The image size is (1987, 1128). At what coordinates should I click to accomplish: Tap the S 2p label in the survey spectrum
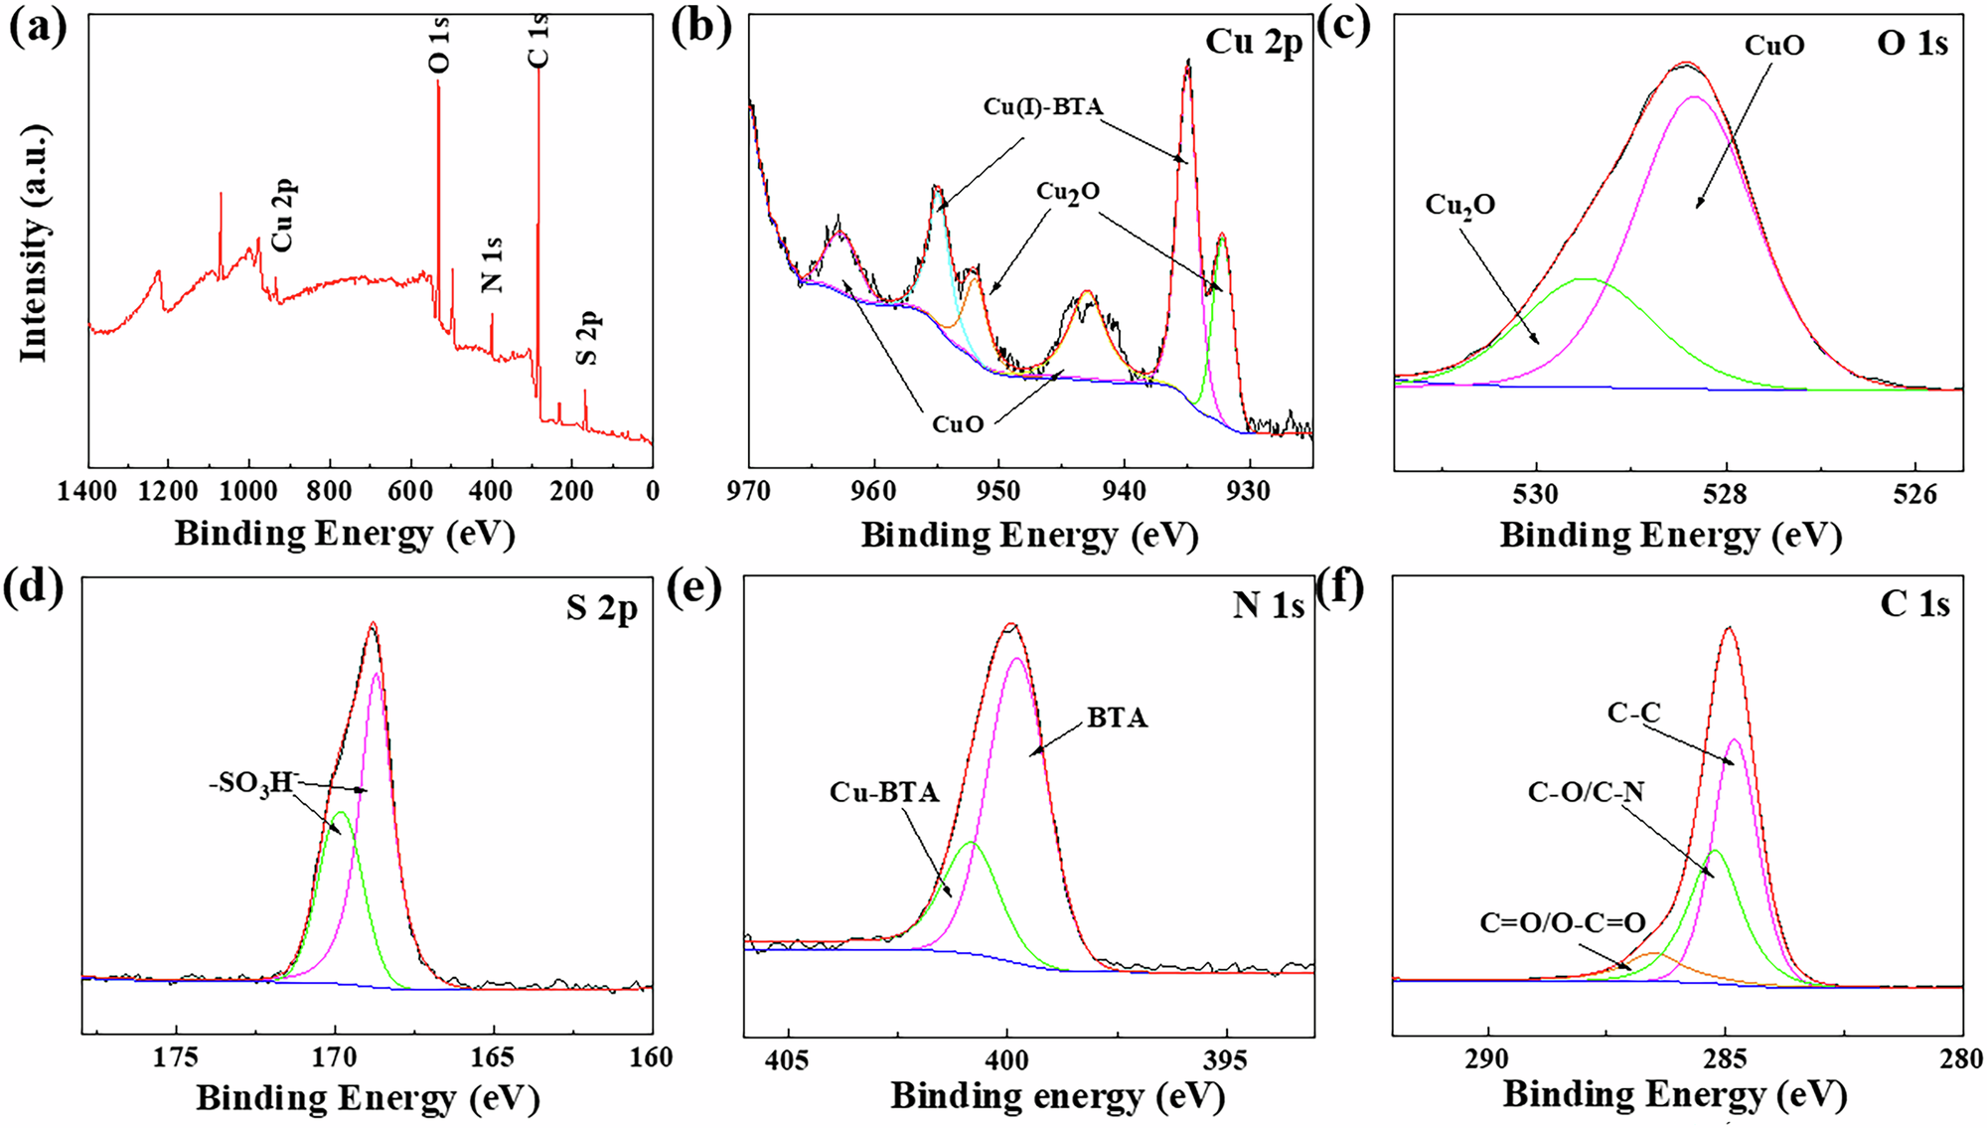pyautogui.click(x=588, y=338)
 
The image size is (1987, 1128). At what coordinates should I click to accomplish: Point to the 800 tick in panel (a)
pyautogui.click(x=329, y=491)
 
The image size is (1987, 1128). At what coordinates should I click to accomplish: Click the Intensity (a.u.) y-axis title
pyautogui.click(x=34, y=243)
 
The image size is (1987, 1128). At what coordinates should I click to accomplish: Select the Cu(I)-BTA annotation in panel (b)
pyautogui.click(x=1042, y=106)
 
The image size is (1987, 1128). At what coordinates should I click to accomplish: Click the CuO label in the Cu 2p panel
pyautogui.click(x=957, y=424)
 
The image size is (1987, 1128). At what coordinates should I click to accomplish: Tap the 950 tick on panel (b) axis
pyautogui.click(x=998, y=491)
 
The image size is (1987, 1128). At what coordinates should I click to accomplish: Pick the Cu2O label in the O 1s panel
pyautogui.click(x=1459, y=205)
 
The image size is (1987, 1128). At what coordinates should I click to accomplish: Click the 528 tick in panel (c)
pyautogui.click(x=1726, y=493)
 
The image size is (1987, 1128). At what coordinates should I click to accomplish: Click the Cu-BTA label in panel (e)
pyautogui.click(x=884, y=792)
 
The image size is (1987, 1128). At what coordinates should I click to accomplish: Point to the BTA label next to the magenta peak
pyautogui.click(x=1117, y=718)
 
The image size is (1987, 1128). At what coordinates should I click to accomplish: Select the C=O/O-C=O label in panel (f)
pyautogui.click(x=1563, y=923)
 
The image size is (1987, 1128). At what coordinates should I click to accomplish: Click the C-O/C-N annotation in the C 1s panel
pyautogui.click(x=1586, y=791)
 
